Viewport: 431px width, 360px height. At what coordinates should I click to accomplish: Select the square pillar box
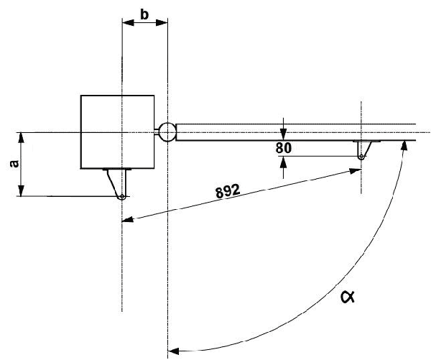[116, 131]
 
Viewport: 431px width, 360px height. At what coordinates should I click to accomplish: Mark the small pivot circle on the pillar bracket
[123, 197]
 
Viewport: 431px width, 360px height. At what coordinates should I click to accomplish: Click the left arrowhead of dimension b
[128, 22]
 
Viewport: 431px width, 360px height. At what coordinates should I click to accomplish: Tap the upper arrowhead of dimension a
[22, 137]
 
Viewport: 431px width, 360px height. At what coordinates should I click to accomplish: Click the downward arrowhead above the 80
[284, 134]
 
